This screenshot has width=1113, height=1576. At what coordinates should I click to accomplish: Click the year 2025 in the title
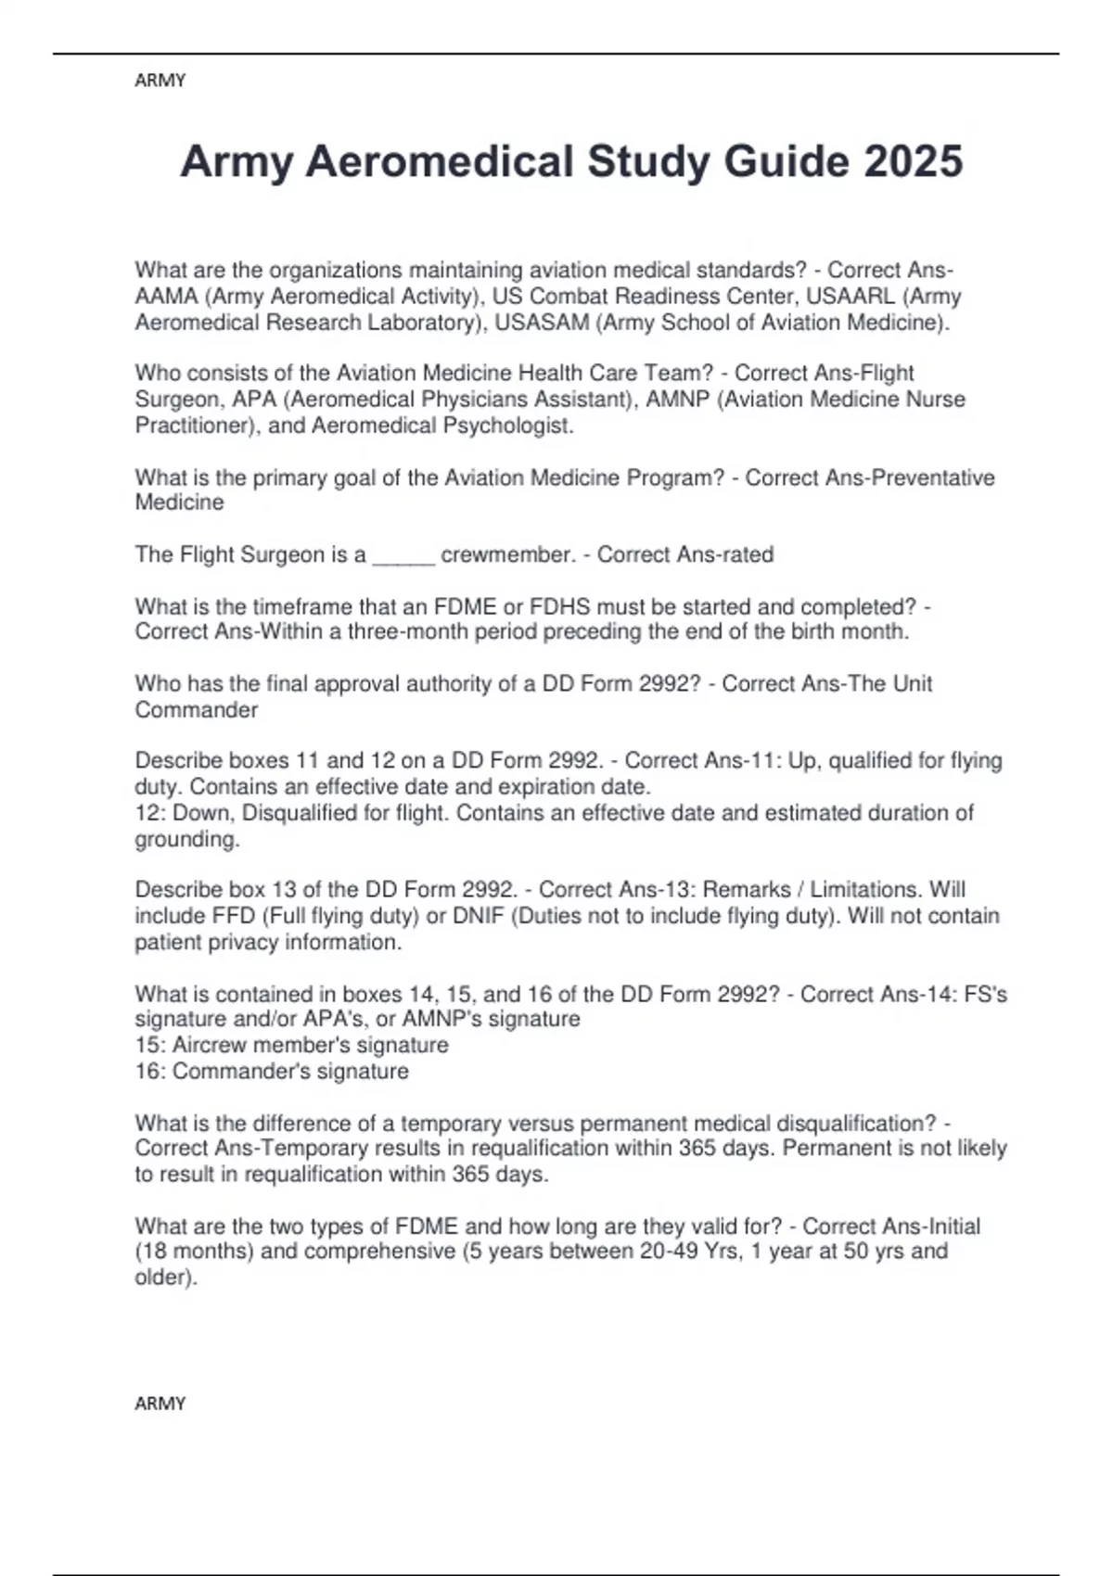[x=913, y=161]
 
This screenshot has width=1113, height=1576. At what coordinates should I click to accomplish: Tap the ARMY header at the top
[x=160, y=81]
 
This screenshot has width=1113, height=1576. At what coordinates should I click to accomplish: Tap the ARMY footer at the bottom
[x=160, y=1404]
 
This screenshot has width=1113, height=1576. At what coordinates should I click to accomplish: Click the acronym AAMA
[x=166, y=297]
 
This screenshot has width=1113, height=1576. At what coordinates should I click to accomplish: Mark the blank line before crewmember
[x=403, y=555]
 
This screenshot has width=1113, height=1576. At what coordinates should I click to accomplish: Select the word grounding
[x=186, y=839]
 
